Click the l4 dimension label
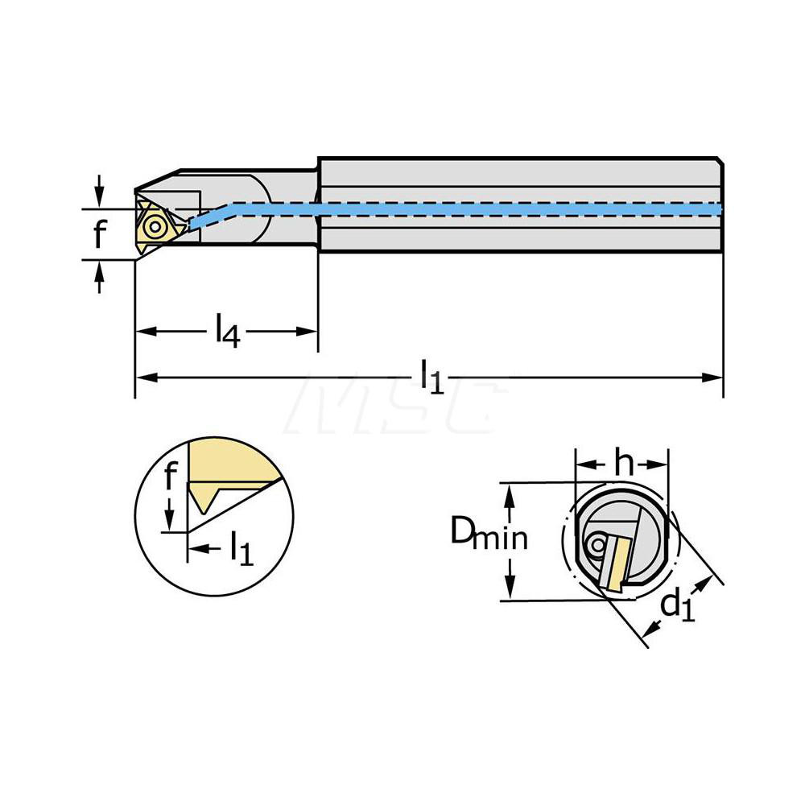click(x=227, y=332)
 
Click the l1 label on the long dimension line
click(x=432, y=378)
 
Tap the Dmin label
click(x=489, y=535)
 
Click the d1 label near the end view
click(x=677, y=605)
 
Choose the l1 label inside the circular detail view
click(x=241, y=549)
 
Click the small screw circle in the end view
click(x=597, y=546)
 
